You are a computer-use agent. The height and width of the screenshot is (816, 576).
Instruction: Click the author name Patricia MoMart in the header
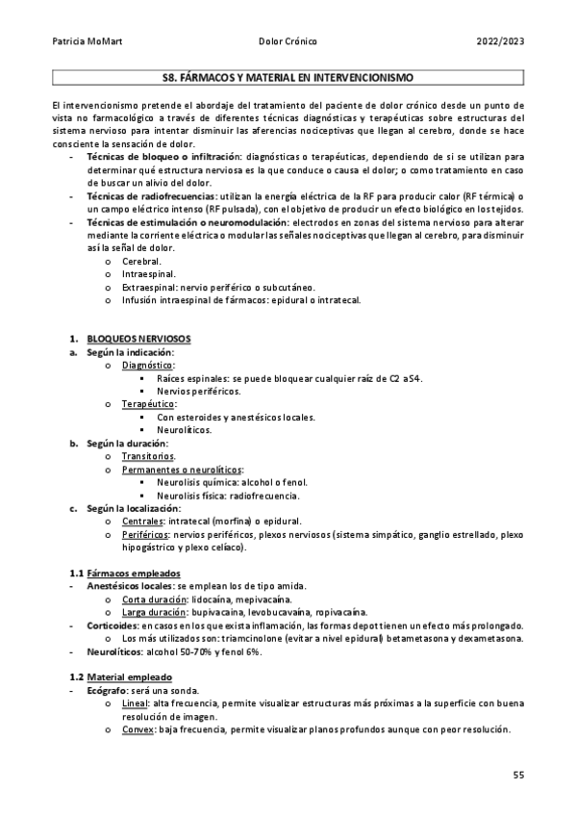(86, 42)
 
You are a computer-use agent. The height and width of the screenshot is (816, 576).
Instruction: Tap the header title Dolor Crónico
(288, 42)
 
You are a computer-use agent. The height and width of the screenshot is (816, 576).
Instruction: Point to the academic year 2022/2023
(501, 42)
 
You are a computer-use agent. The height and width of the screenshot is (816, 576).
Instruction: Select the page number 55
(517, 775)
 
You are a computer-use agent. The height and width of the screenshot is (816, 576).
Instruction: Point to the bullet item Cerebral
(141, 261)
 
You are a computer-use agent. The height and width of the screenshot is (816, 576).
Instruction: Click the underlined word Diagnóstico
(148, 366)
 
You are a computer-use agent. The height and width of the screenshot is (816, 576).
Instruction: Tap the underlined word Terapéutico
(149, 404)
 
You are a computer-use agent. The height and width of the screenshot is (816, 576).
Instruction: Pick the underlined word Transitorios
(148, 456)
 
